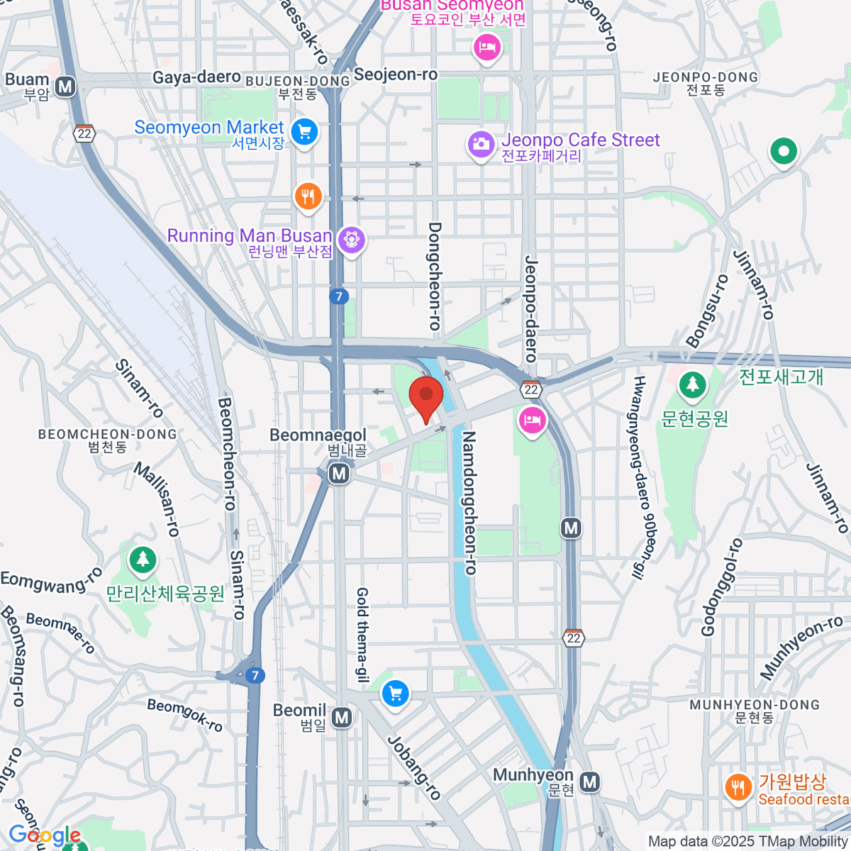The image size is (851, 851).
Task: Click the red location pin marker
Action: tap(426, 396)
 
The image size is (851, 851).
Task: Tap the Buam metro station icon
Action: tap(66, 87)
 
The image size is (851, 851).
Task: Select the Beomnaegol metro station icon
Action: tap(339, 473)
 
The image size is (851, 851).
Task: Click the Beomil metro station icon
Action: tap(342, 718)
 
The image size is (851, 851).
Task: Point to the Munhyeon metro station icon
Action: tap(589, 782)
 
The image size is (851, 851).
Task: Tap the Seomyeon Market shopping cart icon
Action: tap(305, 131)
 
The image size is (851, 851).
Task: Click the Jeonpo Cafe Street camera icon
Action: tap(480, 144)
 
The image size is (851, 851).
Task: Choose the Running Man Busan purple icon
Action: tap(351, 240)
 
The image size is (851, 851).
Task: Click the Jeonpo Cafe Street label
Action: tap(580, 140)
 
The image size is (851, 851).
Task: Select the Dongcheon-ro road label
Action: tap(435, 276)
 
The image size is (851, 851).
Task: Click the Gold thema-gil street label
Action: tap(362, 635)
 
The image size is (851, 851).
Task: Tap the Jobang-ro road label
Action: tap(414, 767)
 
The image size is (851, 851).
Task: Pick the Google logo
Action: tap(45, 835)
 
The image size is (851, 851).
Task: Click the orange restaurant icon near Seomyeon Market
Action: tap(308, 195)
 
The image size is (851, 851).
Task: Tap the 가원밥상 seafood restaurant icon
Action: tap(738, 786)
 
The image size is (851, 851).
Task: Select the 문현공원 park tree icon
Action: tap(692, 385)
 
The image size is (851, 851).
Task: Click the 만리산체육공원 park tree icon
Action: tap(143, 560)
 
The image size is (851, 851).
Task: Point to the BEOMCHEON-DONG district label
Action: tap(108, 434)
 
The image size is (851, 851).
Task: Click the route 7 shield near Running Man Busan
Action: tap(339, 296)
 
